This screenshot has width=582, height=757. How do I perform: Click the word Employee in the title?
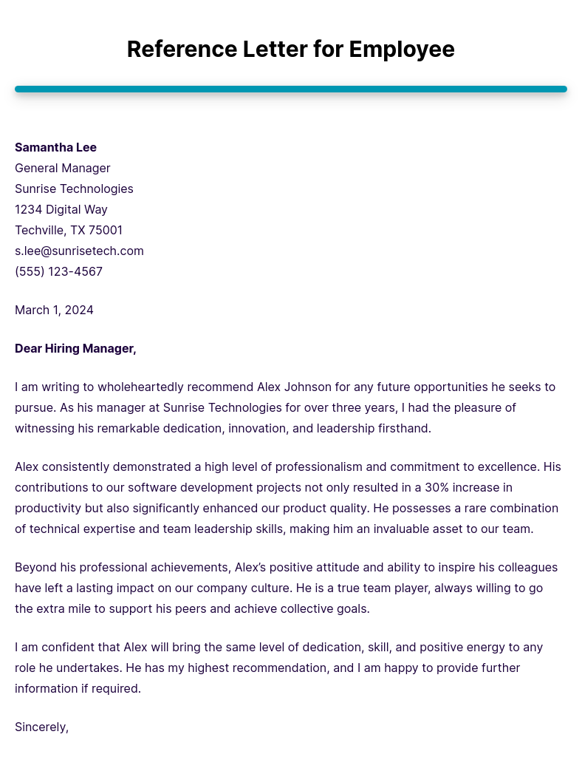(402, 50)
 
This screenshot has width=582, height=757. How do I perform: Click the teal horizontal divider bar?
(291, 89)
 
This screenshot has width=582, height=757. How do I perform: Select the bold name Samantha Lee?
(55, 147)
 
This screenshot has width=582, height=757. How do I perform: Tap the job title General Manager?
(63, 168)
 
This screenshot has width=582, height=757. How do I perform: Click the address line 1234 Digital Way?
(61, 209)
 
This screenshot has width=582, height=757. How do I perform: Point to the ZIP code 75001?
(106, 230)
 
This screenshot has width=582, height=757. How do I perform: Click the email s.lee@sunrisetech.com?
(79, 251)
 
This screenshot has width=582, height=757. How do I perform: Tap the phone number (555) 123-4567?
(58, 271)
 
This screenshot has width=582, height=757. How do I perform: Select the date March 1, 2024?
(54, 310)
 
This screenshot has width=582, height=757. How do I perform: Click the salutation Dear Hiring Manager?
(75, 348)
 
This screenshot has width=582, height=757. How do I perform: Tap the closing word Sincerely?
(41, 727)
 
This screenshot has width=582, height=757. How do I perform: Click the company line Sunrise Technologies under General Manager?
(74, 189)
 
